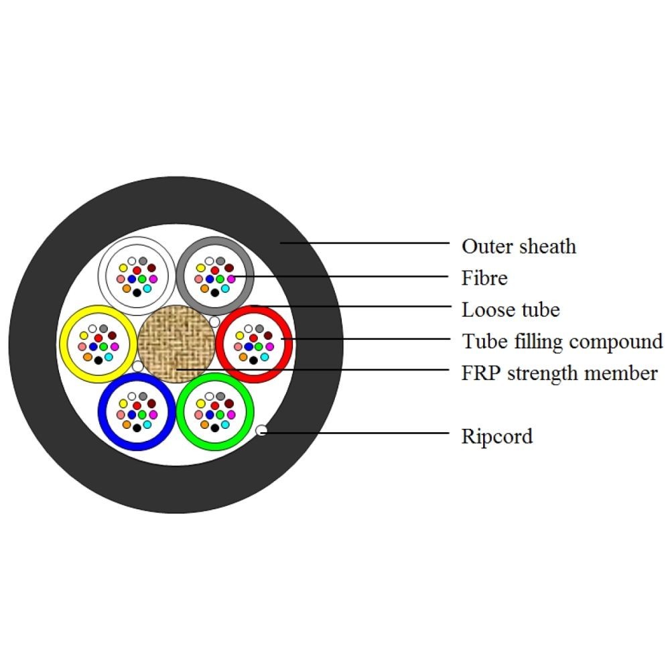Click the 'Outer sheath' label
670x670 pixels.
coord(519,246)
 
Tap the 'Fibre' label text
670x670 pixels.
coord(484,277)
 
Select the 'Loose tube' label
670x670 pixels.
coord(511,310)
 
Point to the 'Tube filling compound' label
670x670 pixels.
coord(561,341)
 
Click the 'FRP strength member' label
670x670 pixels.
coord(559,373)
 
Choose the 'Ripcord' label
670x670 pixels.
coord(497,436)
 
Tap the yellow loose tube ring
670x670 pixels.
coord(64,342)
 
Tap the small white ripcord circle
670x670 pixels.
coord(262,431)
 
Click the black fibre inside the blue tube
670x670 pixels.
coord(137,427)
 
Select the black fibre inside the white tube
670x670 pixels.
coord(137,292)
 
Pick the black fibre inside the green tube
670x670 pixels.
coord(215,427)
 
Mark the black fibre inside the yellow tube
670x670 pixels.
coord(98,360)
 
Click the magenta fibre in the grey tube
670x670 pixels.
coord(231,278)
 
